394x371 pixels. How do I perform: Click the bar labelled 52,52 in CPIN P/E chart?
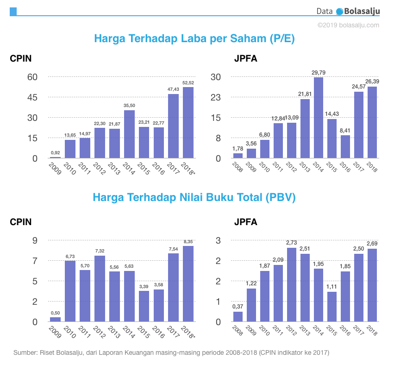(x=188, y=123)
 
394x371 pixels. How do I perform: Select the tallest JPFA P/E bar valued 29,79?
(x=318, y=118)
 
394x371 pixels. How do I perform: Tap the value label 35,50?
(x=129, y=106)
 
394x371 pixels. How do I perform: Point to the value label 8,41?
(x=345, y=131)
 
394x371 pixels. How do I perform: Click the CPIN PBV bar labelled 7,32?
(x=100, y=289)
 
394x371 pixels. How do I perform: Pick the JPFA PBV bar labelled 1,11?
(x=331, y=307)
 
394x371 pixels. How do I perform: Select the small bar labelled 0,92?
(x=55, y=157)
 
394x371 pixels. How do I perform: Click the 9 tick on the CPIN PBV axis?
(x=35, y=240)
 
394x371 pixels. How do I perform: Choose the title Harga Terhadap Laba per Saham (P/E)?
(x=194, y=38)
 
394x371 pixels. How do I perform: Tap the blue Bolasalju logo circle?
(x=340, y=12)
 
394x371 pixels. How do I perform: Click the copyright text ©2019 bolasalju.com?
(x=348, y=25)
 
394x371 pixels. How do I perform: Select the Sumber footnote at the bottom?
(x=171, y=352)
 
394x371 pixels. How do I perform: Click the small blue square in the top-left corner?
(x=13, y=11)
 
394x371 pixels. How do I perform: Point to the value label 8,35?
(x=188, y=241)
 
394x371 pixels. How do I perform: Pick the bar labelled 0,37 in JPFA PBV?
(x=238, y=316)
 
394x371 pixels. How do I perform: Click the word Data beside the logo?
(x=325, y=12)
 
